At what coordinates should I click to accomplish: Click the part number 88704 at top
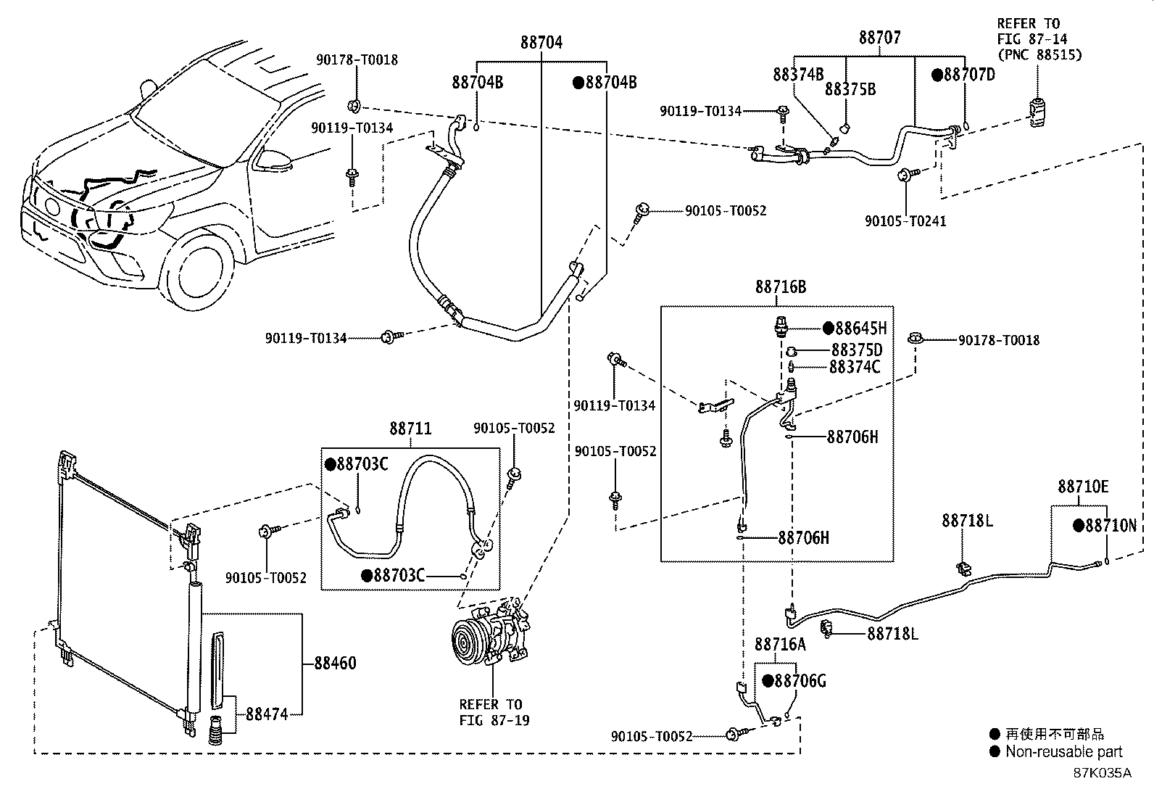click(x=541, y=43)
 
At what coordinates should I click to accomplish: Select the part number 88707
click(x=880, y=38)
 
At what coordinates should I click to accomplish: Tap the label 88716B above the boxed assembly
click(x=781, y=287)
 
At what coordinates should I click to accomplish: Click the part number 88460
click(x=335, y=664)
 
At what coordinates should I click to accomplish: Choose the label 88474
click(x=267, y=714)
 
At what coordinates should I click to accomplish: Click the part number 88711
click(x=410, y=429)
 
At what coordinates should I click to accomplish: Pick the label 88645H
click(x=860, y=329)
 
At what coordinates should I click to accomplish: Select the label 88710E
click(x=1082, y=487)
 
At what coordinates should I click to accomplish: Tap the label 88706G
click(x=800, y=681)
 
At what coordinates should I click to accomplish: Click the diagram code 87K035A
click(x=1102, y=773)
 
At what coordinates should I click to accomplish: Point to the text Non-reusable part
click(x=1063, y=752)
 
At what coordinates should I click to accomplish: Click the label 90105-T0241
click(x=905, y=220)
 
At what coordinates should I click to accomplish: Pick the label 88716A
click(x=780, y=644)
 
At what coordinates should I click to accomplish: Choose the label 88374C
click(x=855, y=367)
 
